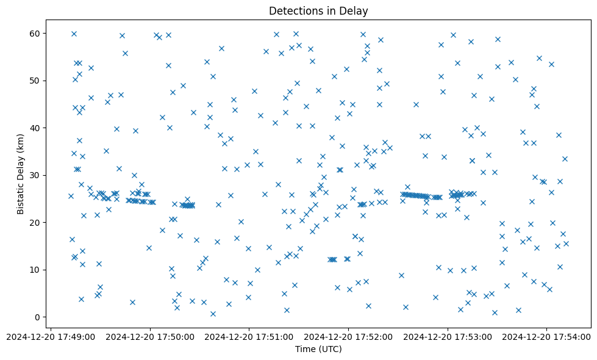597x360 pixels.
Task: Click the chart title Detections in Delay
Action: pos(318,10)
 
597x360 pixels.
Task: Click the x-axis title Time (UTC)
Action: pos(318,349)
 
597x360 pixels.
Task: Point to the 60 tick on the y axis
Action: pos(36,34)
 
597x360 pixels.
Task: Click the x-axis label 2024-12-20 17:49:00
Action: pos(51,336)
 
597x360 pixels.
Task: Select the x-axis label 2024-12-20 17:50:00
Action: pos(150,336)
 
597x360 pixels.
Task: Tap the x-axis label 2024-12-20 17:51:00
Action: pos(249,336)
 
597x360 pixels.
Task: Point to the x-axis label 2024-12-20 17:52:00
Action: pos(349,336)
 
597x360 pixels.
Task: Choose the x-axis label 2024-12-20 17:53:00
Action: pos(448,336)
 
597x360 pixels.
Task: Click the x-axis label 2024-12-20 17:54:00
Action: pos(547,336)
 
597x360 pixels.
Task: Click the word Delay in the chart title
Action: pos(355,10)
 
